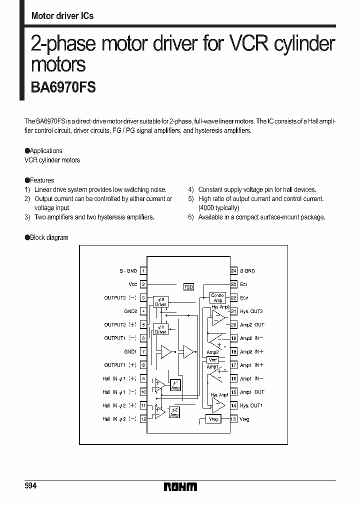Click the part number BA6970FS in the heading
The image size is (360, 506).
[63, 87]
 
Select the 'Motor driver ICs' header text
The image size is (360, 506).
[62, 15]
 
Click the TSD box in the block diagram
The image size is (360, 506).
[188, 286]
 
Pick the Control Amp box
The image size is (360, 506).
[217, 298]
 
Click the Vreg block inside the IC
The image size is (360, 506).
[213, 419]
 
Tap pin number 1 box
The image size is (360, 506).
[143, 271]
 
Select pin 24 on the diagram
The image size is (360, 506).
[233, 271]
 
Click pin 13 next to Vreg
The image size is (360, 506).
[233, 419]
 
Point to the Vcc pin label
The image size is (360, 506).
[132, 284]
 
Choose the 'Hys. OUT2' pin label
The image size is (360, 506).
[251, 311]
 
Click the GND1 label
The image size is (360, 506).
[131, 351]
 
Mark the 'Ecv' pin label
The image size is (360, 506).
[244, 298]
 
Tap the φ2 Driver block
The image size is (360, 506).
[160, 301]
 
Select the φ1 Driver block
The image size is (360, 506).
[160, 329]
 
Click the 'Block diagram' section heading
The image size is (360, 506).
[49, 237]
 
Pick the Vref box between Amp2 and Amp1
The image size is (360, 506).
[212, 359]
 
